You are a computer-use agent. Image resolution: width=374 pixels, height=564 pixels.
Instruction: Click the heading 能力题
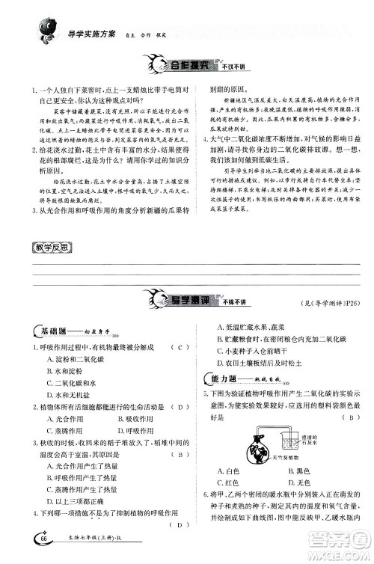[x=228, y=379]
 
